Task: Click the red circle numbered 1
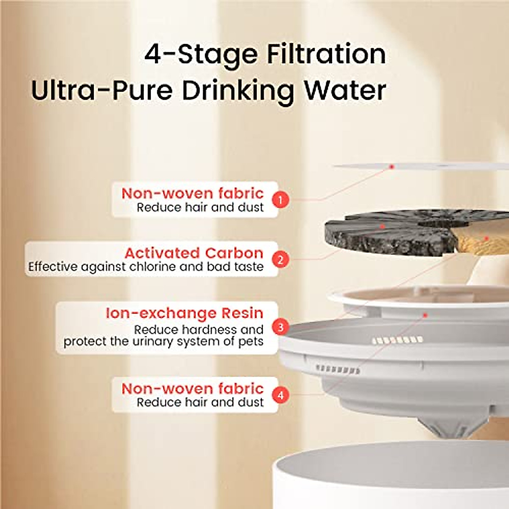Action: click(280, 199)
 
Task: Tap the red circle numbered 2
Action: click(280, 259)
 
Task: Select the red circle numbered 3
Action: click(280, 327)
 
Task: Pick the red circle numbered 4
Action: click(280, 395)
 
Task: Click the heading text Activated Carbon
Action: click(193, 253)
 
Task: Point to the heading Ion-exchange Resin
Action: click(184, 313)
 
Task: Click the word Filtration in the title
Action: click(326, 54)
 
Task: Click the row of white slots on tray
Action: click(397, 340)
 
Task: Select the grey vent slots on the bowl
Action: click(338, 369)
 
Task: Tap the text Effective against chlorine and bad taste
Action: click(145, 267)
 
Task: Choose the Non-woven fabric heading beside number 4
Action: click(192, 389)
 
